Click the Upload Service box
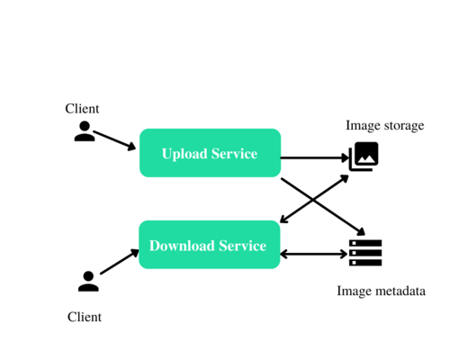tap(210, 153)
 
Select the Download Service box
tap(210, 245)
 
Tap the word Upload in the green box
tap(184, 154)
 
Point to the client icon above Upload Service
tap(85, 131)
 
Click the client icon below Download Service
tap(88, 282)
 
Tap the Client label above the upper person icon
tap(82, 108)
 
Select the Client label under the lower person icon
tap(85, 317)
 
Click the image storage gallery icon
tap(364, 157)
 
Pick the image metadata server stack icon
tap(365, 253)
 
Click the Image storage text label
tap(385, 125)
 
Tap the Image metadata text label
tap(381, 291)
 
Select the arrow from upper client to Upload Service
tap(114, 140)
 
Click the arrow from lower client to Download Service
tap(120, 261)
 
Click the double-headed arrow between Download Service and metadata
tap(314, 255)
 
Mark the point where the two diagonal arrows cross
tap(313, 200)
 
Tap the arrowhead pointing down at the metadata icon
tap(361, 231)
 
